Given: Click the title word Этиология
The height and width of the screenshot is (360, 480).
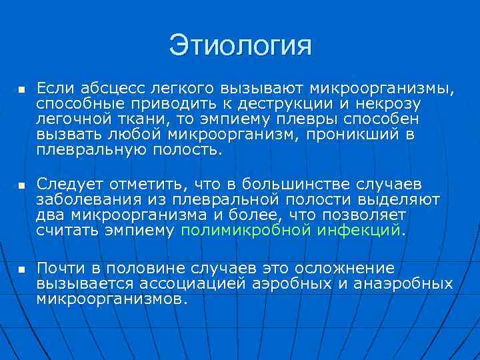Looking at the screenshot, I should click(x=240, y=46).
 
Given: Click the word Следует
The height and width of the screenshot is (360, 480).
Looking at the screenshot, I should click(x=67, y=183).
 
